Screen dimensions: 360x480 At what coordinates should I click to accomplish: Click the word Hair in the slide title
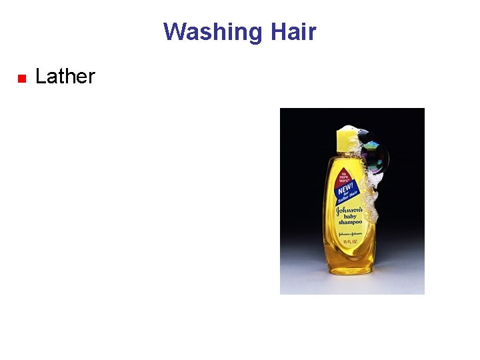pos(293,32)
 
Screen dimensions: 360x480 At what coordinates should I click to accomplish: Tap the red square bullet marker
pos(21,79)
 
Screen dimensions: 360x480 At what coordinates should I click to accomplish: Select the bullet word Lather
pos(65,77)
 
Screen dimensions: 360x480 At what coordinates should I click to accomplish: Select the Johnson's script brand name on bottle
pos(349,209)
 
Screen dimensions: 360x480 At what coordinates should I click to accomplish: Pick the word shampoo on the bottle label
pos(349,223)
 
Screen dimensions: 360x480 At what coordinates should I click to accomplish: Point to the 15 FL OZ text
pos(350,241)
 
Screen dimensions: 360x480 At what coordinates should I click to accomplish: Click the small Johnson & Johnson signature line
pos(349,234)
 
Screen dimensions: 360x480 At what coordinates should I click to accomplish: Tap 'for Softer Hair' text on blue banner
pos(349,195)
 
